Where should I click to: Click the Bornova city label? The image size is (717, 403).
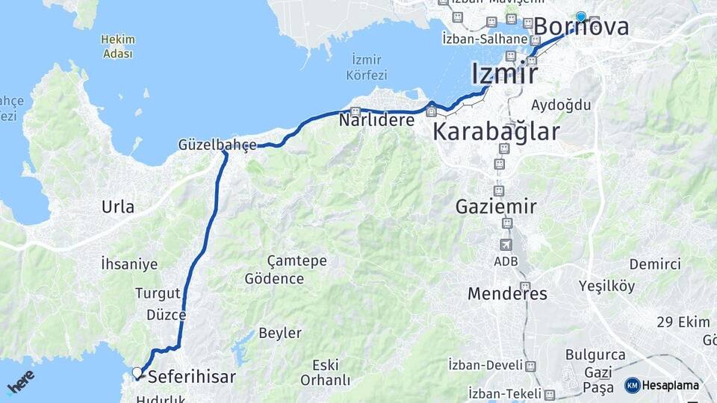point(581,28)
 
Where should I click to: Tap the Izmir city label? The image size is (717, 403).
point(504,74)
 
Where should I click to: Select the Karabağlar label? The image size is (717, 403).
point(496,132)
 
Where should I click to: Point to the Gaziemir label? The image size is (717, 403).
point(496,206)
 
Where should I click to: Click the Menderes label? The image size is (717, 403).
point(507,293)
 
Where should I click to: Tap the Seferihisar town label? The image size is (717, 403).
point(191,377)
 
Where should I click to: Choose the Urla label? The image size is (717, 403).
point(118,207)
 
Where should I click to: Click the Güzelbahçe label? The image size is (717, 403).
point(217,144)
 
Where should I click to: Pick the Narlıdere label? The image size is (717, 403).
point(376,119)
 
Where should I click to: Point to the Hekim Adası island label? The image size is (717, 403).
point(118,46)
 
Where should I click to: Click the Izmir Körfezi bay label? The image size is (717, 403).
point(364,67)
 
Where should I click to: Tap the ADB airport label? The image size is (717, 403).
point(505,261)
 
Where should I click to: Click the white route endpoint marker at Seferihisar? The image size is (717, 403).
point(137,372)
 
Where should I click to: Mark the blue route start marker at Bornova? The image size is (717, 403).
point(581,16)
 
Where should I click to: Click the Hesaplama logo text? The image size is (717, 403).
point(670,386)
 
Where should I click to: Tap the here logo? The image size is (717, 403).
point(20,381)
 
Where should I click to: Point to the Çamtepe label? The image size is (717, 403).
point(276,260)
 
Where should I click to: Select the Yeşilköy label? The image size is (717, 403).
point(606,286)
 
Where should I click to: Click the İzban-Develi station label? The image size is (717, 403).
point(483,365)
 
